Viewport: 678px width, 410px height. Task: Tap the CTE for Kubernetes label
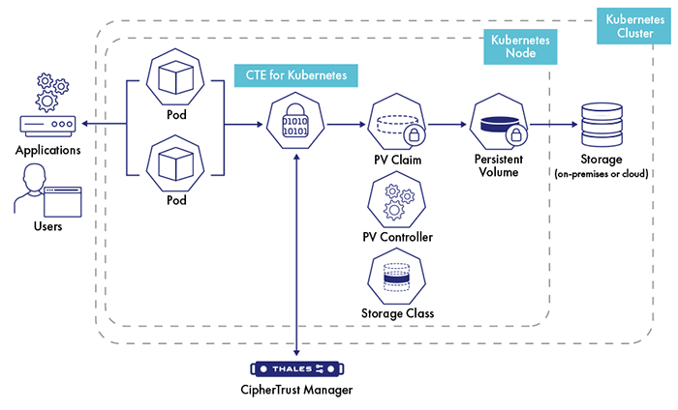coord(295,74)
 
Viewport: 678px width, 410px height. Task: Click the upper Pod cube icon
coord(176,79)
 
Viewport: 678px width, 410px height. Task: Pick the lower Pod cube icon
coord(176,159)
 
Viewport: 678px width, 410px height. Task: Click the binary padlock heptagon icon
coord(294,124)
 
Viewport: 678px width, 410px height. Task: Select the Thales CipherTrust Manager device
coord(296,369)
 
